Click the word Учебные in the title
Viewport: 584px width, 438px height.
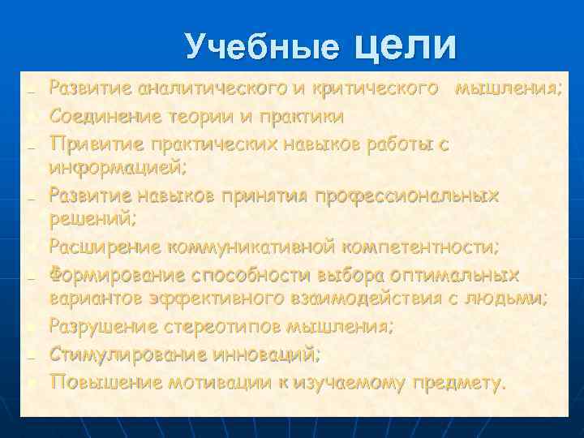262,48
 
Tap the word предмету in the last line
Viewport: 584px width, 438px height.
457,381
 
